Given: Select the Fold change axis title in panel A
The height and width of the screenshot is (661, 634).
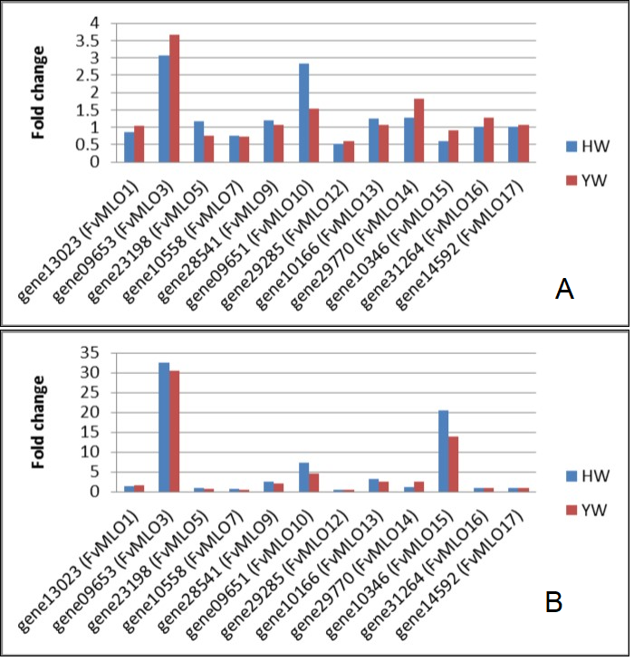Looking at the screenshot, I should (x=40, y=92).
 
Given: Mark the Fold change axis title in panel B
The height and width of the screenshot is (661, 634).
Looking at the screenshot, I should (x=40, y=422).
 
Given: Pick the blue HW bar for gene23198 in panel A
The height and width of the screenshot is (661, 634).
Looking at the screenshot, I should (x=199, y=142).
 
